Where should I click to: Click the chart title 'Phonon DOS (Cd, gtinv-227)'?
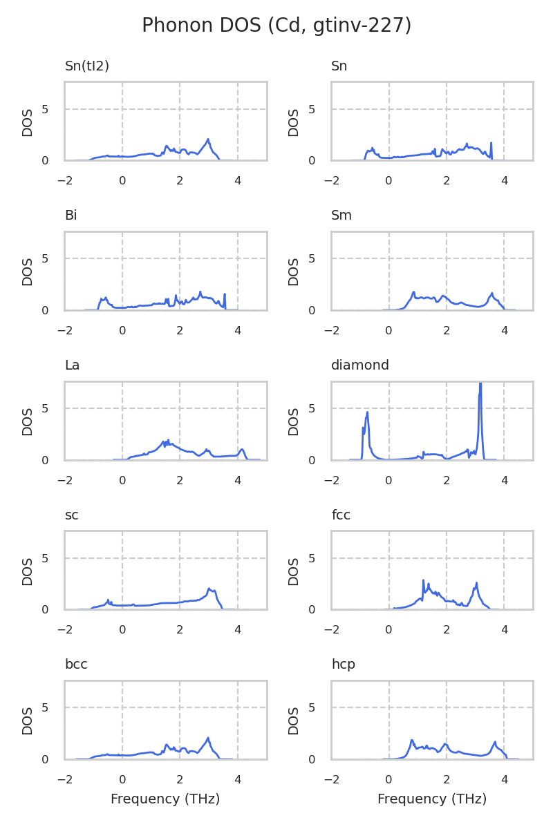pos(276,26)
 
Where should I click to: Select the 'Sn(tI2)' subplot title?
pos(87,66)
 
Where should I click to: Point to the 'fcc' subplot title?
pos(341,515)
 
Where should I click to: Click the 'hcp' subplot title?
pos(344,665)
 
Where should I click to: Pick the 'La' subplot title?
pos(72,365)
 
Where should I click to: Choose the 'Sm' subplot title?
pos(341,216)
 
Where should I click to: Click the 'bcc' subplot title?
pos(76,665)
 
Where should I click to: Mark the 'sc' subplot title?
pos(71,515)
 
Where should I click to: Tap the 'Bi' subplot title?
pos(71,216)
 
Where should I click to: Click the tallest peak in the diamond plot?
pos(480,384)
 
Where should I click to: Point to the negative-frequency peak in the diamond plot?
pos(367,412)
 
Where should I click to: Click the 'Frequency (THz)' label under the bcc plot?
pos(165,799)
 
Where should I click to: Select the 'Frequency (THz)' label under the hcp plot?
pos(432,799)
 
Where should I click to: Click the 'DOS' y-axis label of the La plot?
pos(28,421)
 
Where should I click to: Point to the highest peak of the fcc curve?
pos(423,580)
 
